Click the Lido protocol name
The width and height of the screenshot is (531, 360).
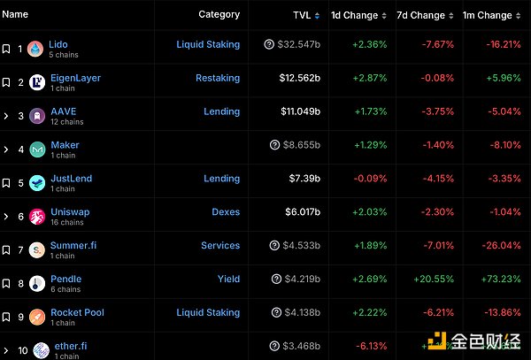click(x=58, y=44)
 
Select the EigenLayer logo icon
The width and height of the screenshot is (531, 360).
click(x=37, y=82)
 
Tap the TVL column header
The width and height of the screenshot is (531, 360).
click(x=302, y=15)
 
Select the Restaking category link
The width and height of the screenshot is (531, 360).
click(x=217, y=78)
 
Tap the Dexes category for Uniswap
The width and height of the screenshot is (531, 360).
click(x=225, y=212)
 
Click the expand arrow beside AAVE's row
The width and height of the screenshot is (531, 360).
click(x=6, y=116)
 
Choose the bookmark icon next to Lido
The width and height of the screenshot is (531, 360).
click(x=6, y=49)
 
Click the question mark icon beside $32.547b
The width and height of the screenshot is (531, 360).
click(x=268, y=44)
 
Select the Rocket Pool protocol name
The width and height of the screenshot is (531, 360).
click(x=77, y=312)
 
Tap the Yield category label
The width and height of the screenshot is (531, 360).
click(x=228, y=280)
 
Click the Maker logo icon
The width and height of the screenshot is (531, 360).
click(x=37, y=149)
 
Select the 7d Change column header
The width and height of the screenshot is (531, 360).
click(x=420, y=15)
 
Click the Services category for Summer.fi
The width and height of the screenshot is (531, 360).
click(x=219, y=246)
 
